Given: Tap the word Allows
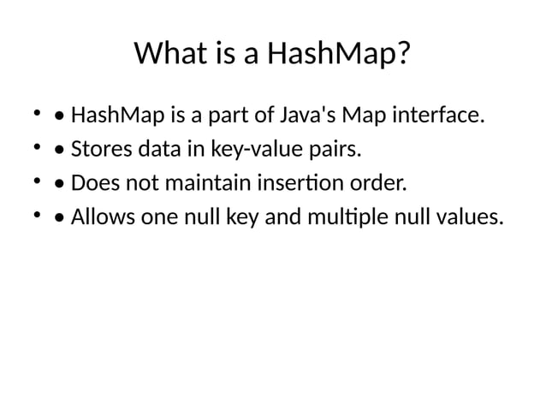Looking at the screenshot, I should (98, 217).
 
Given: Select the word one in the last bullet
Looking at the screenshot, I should (153, 217).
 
